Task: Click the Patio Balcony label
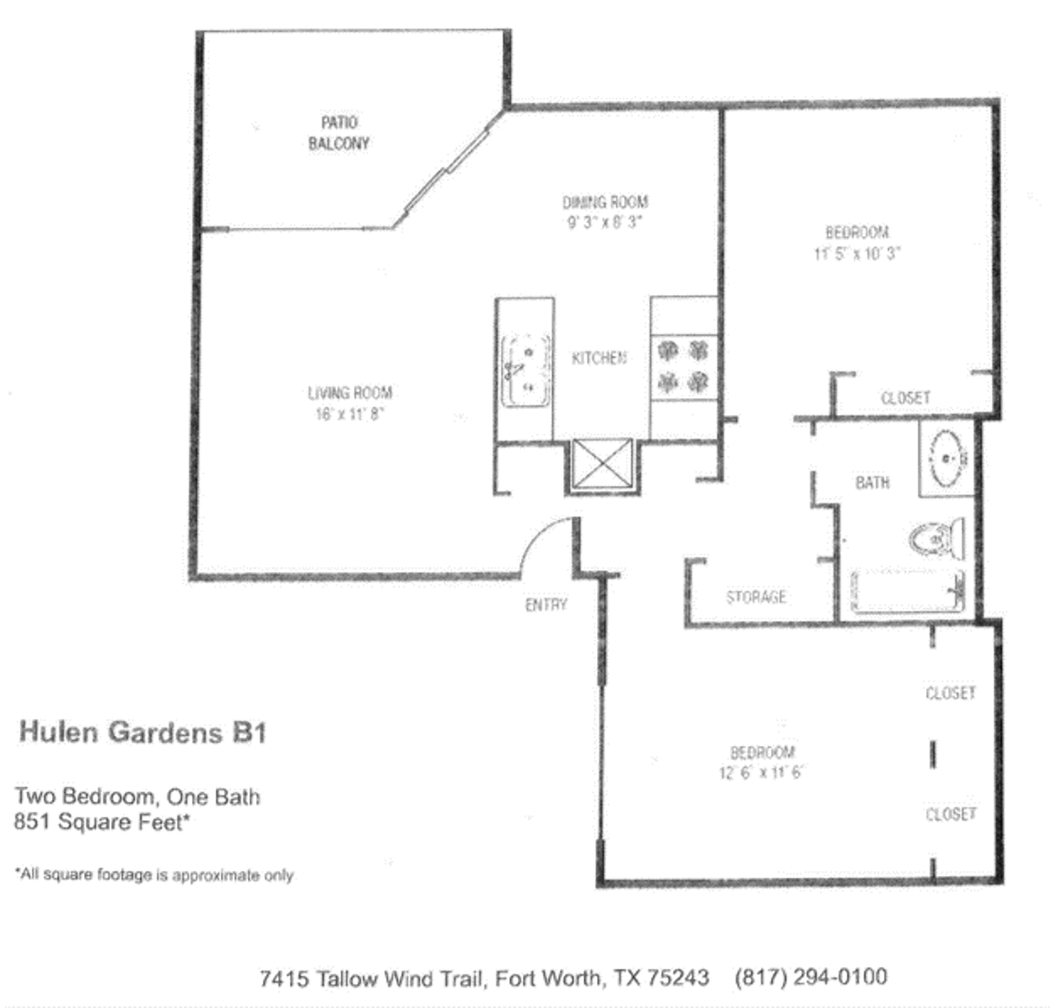pos(338,133)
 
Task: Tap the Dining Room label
pos(605,202)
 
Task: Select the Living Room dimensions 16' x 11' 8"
pos(349,414)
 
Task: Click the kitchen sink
pos(526,370)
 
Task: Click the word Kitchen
pos(599,358)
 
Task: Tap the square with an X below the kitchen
pos(602,465)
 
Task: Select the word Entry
pos(546,605)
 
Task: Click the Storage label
pos(756,597)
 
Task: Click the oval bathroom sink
pos(948,459)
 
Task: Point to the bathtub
pos(907,593)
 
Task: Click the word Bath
pos(872,482)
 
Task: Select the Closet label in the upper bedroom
pos(905,397)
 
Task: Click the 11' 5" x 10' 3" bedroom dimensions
pos(857,254)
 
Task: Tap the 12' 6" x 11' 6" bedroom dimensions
pos(761,773)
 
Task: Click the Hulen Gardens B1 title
pos(143,732)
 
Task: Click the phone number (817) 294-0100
pos(810,977)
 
